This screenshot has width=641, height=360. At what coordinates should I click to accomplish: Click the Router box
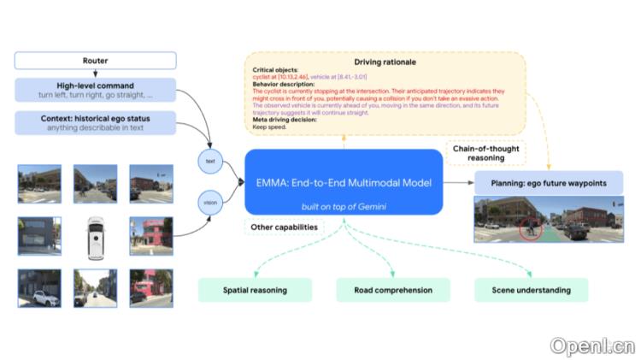click(96, 61)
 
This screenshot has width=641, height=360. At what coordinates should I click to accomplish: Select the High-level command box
click(96, 90)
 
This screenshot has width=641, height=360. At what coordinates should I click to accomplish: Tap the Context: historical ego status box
click(96, 122)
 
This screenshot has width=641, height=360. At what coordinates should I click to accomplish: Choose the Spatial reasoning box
click(256, 290)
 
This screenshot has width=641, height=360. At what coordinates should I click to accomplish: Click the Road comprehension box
click(393, 290)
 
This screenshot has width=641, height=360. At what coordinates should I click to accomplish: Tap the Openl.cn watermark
click(592, 345)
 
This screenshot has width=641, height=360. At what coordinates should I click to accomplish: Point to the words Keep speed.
click(266, 126)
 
